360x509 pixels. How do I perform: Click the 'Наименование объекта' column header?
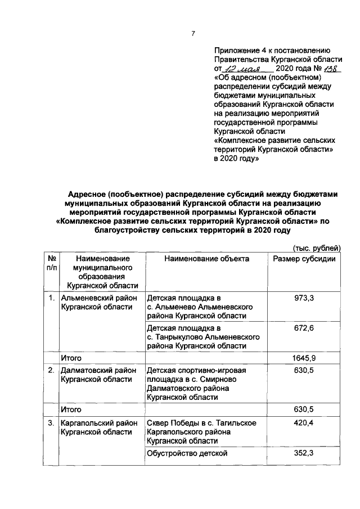(x=206, y=259)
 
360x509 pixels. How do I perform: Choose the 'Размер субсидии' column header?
(x=304, y=259)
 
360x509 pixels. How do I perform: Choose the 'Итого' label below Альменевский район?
(x=71, y=358)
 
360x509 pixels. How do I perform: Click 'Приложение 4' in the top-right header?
(x=241, y=49)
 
